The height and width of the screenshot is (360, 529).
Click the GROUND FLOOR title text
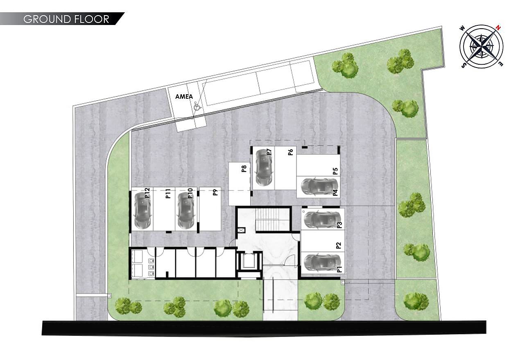66,19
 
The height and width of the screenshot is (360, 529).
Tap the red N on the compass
498,28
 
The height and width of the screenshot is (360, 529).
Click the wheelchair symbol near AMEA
197,106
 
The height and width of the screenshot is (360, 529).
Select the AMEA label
184,96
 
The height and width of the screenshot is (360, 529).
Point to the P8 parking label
244,169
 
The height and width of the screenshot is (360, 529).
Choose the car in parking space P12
142,211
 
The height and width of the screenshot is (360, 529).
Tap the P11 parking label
168,193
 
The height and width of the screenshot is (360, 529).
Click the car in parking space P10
185,211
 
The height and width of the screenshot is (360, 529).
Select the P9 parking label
215,192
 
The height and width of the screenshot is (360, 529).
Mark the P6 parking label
290,152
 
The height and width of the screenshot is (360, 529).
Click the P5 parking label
335,171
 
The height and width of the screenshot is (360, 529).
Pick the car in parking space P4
319,187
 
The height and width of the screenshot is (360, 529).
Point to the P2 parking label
339,245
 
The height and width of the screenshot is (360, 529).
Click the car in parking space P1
322,263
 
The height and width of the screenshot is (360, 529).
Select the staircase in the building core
272,219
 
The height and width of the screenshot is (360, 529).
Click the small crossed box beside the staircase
242,230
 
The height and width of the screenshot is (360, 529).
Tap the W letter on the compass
462,28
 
